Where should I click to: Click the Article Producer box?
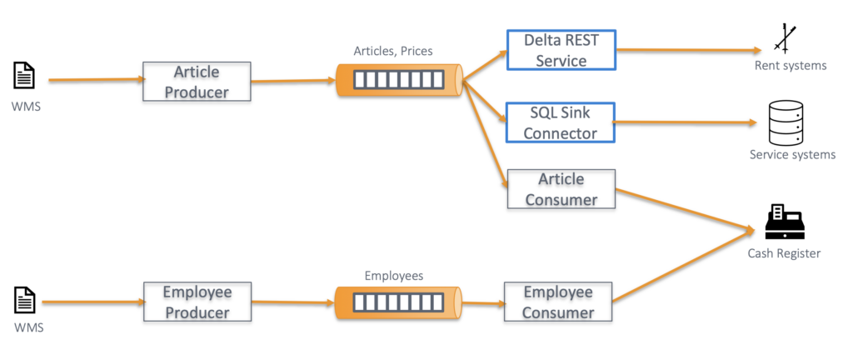tap(197, 82)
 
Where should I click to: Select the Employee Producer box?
tap(197, 302)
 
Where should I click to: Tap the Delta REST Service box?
tap(561, 50)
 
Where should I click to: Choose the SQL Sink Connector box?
tap(561, 122)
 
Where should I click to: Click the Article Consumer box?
tap(561, 189)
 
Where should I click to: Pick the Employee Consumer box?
tap(558, 302)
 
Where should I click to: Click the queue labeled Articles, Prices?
tap(399, 81)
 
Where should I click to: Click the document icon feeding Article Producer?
tap(24, 77)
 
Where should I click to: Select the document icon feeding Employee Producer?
tap(24, 299)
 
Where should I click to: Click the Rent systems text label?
tap(790, 66)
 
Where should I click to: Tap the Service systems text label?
tap(791, 154)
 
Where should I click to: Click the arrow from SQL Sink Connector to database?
tap(683, 122)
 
